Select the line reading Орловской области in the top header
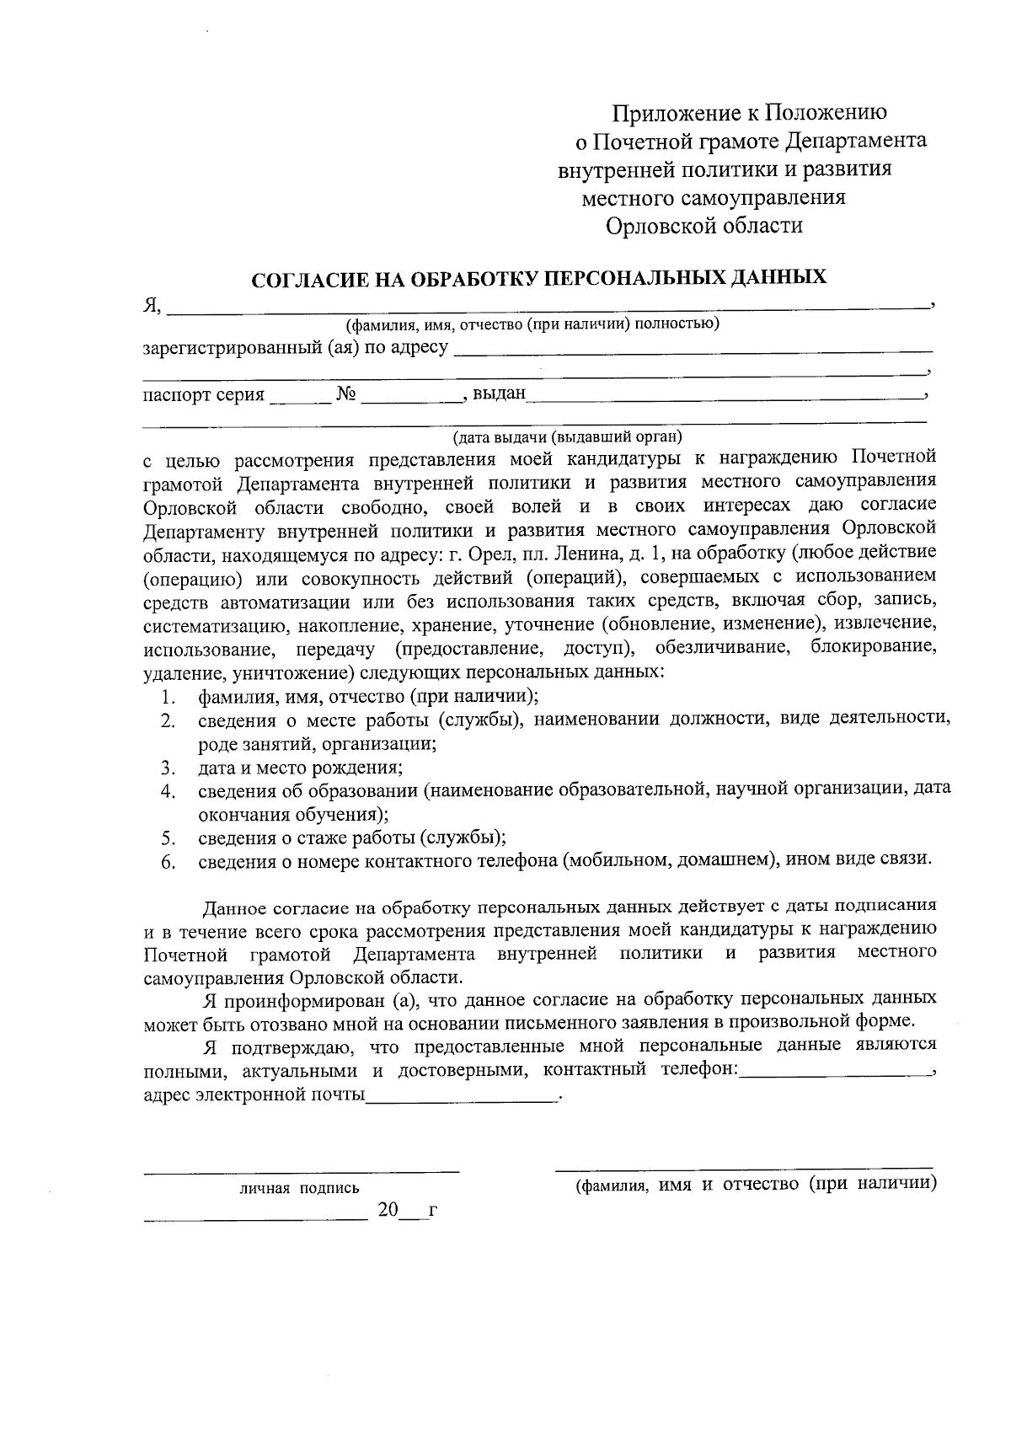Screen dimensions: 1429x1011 click(x=704, y=226)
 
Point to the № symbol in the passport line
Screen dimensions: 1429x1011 click(x=346, y=393)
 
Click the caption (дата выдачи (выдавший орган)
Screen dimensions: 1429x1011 click(x=567, y=436)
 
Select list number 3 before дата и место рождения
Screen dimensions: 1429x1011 click(x=168, y=768)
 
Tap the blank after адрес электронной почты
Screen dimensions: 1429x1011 click(x=462, y=1096)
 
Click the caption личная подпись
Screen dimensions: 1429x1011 click(x=299, y=1189)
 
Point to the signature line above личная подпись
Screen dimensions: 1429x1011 click(x=301, y=1172)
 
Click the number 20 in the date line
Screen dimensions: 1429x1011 click(x=388, y=1211)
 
